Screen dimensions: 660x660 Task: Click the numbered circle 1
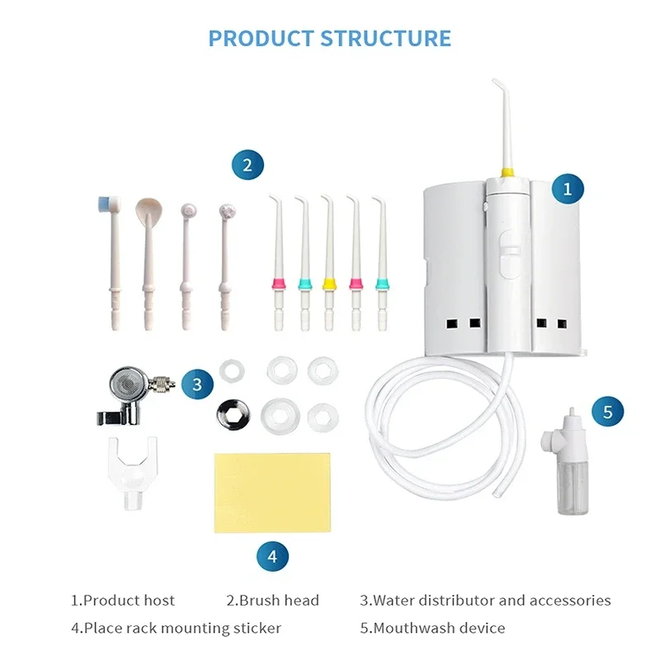(567, 189)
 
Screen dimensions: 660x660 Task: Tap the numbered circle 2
(247, 164)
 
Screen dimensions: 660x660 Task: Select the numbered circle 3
(196, 384)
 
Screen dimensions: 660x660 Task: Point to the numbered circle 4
(272, 557)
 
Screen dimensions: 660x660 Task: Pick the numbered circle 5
(608, 412)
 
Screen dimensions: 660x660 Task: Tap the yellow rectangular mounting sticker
(271, 492)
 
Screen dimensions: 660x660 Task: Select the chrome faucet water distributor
(136, 388)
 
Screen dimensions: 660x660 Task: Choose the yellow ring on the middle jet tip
(328, 284)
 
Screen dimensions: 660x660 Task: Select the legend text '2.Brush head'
(272, 601)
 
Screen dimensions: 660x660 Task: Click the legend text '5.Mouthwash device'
(432, 628)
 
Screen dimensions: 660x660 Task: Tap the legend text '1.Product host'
(123, 601)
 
